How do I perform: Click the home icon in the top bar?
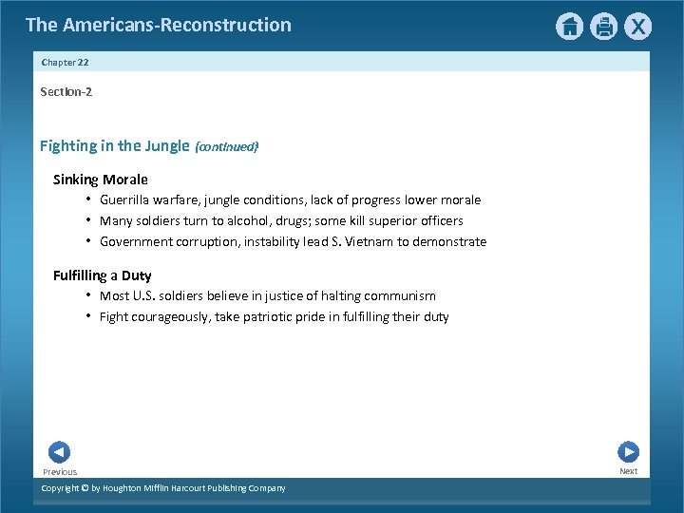569,27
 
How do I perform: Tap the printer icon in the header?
604,27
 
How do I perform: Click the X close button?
638,27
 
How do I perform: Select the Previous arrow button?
59,452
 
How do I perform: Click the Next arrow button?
628,452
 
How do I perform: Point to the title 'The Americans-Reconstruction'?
159,25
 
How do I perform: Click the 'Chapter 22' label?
65,62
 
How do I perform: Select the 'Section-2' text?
66,92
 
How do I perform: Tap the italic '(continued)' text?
226,147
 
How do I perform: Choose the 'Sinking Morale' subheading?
101,180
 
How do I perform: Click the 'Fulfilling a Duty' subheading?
102,275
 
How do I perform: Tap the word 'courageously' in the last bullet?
171,317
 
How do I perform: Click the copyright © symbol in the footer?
84,488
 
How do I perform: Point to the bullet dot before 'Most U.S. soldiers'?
87,294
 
